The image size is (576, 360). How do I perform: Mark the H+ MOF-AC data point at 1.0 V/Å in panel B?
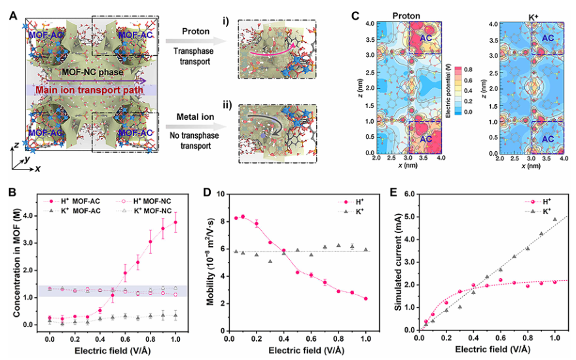175,223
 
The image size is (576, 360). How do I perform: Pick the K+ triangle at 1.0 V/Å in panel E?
555,219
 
